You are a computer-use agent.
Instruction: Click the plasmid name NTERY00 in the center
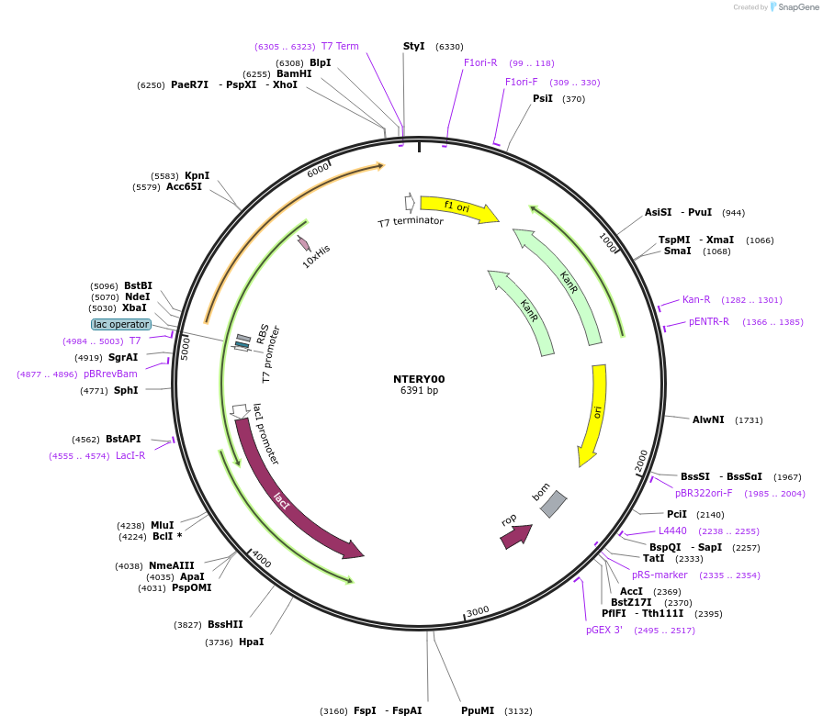(419, 379)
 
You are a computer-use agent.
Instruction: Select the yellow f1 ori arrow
(457, 207)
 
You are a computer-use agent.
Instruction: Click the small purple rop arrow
(515, 535)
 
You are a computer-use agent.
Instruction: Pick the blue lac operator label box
(121, 324)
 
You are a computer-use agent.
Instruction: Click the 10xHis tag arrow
(304, 243)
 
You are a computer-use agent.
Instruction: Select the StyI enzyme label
(414, 46)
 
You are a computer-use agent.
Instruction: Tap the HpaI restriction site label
(251, 642)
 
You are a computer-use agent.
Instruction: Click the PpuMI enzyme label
(478, 710)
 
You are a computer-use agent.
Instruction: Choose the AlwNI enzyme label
(708, 419)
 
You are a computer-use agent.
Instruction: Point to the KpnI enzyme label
(197, 175)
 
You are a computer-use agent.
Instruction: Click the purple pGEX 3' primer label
(604, 631)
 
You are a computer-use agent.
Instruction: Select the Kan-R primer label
(696, 299)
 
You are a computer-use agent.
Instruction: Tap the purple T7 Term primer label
(340, 46)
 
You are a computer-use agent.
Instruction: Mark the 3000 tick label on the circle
(478, 611)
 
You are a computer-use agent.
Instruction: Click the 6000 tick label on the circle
(318, 172)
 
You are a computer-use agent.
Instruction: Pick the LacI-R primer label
(130, 455)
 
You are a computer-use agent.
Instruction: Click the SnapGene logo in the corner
(793, 7)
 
